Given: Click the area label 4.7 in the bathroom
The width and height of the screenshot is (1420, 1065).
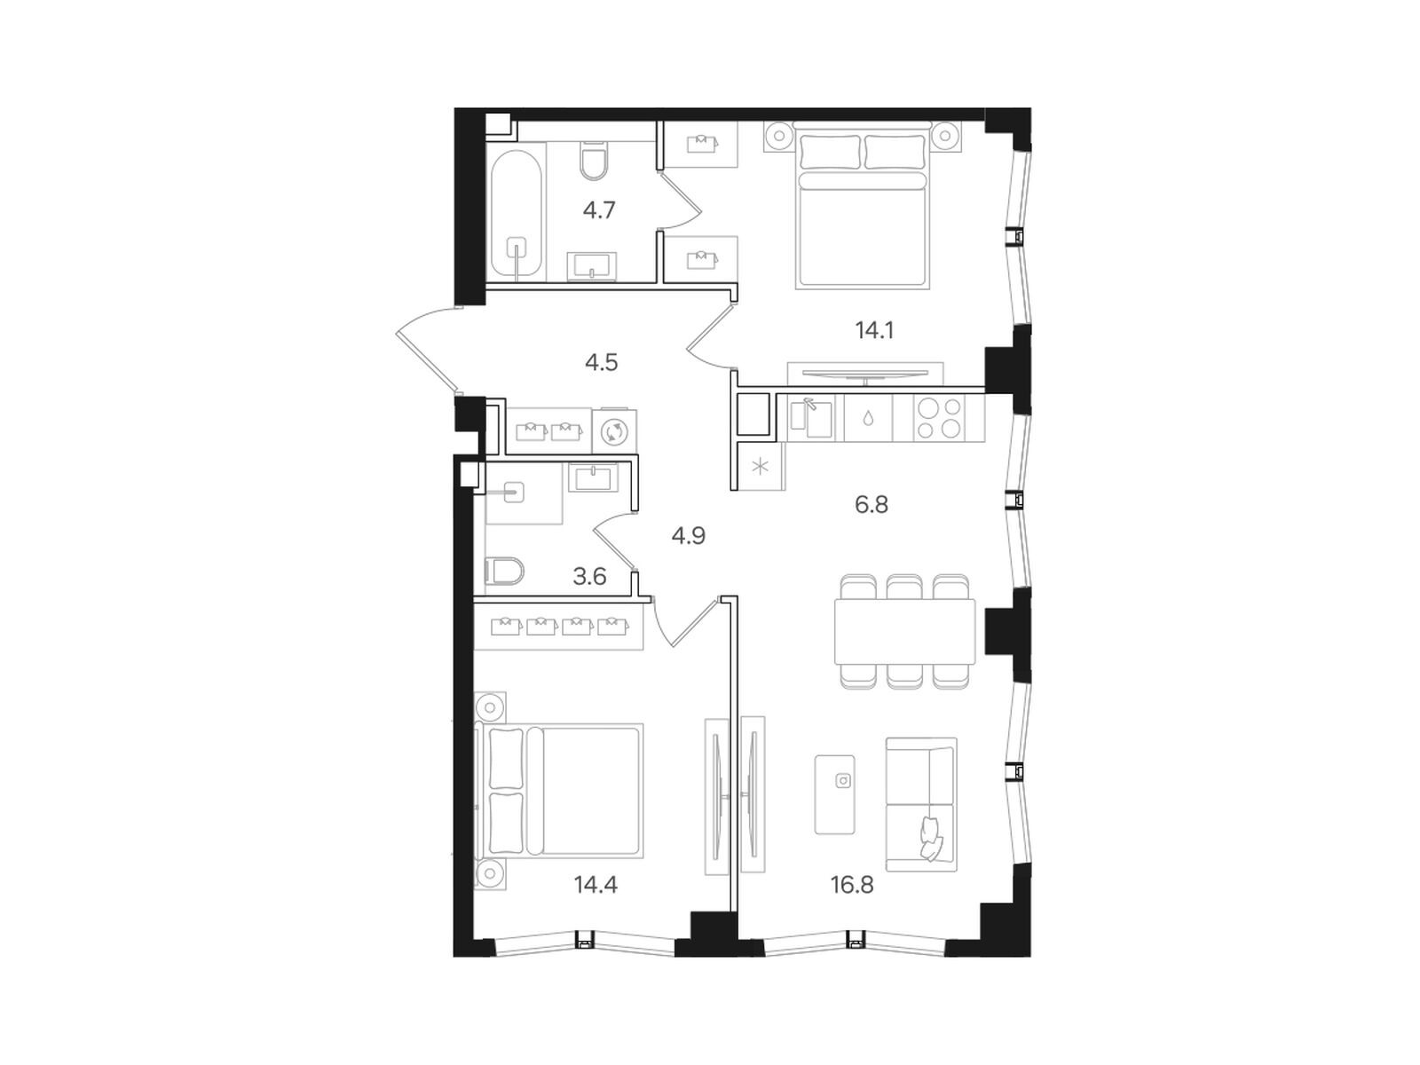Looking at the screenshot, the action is [x=598, y=210].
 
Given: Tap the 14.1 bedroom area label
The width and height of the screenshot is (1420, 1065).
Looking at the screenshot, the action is [x=874, y=331].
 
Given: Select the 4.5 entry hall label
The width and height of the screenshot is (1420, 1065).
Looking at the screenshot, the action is [x=601, y=363].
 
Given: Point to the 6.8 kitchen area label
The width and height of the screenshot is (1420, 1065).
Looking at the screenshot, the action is [x=871, y=504].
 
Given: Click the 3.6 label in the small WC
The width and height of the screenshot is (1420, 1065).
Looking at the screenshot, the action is [x=589, y=576].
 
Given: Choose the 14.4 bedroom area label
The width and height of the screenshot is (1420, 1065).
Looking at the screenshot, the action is [x=596, y=885].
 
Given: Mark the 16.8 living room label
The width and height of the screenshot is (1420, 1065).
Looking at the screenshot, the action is [x=852, y=885].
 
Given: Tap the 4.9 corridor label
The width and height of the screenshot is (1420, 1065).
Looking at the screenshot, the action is [x=688, y=536].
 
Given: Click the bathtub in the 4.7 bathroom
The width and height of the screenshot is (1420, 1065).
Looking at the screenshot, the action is [x=516, y=212].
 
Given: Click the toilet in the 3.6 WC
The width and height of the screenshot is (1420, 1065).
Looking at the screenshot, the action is [x=504, y=571].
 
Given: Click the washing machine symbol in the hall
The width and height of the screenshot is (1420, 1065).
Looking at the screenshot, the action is [x=614, y=431].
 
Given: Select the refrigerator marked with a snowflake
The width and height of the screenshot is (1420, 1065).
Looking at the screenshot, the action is [x=760, y=466].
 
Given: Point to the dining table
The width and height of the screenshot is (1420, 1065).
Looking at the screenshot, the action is [x=904, y=631].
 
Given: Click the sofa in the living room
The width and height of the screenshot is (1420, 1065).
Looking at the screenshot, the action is [x=920, y=804].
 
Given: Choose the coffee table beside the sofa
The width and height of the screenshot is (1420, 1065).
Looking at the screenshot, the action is [x=834, y=794].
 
